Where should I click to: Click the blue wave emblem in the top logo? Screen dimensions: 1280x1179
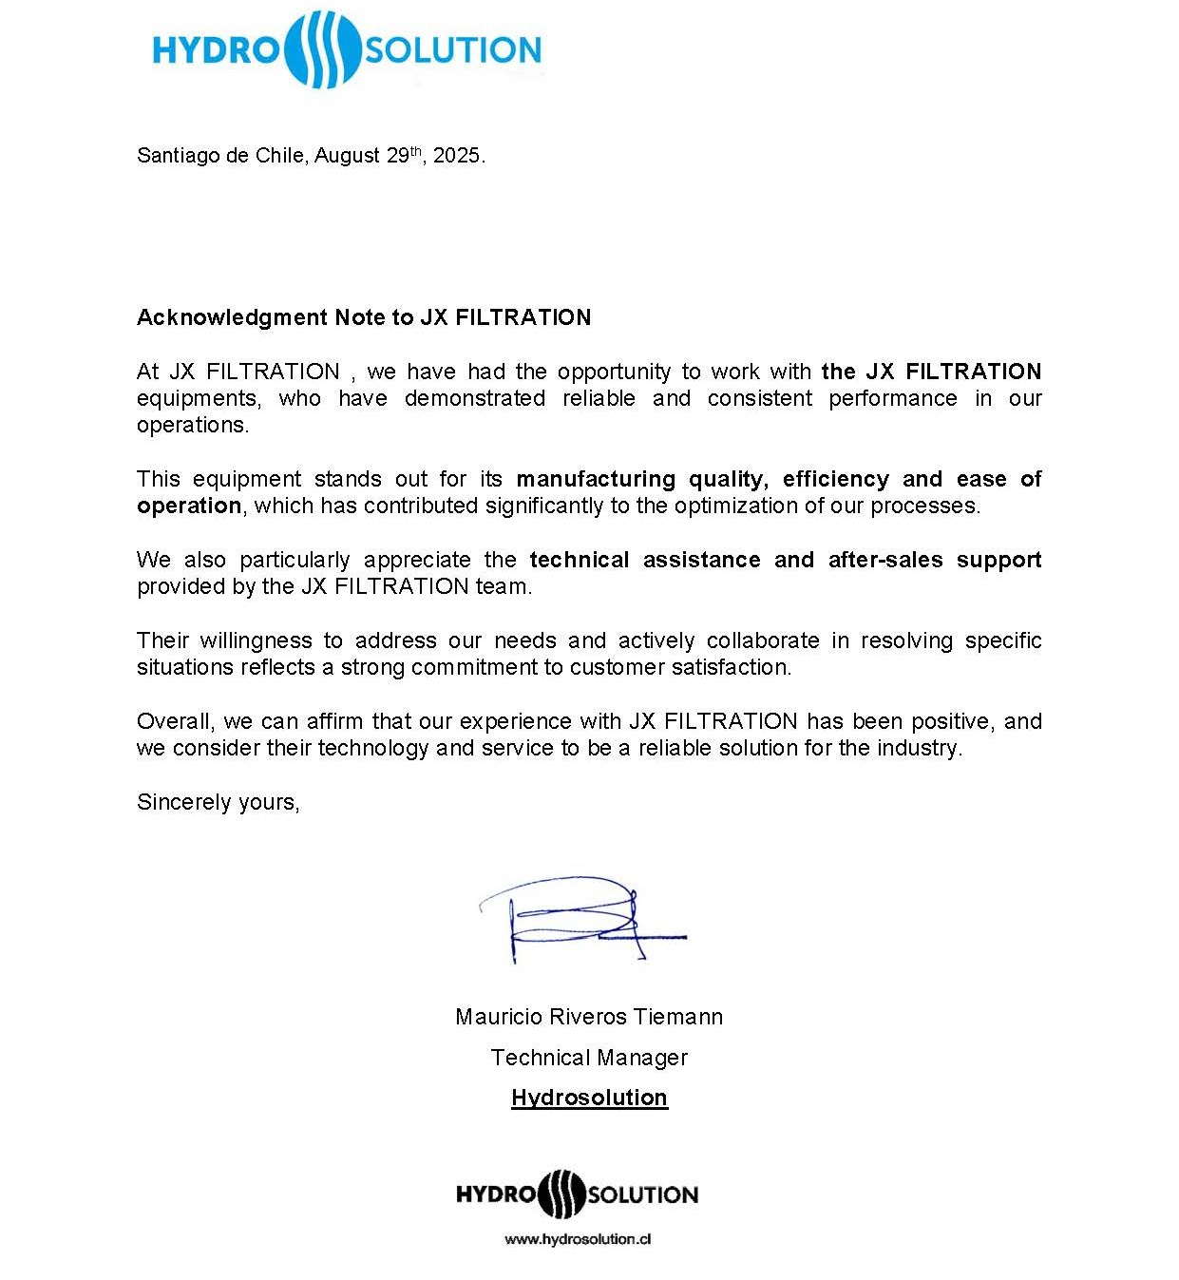tap(322, 49)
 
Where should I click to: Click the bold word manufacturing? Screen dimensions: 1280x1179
tap(596, 479)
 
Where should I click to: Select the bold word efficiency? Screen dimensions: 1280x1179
tap(836, 479)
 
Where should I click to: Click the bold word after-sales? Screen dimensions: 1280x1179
tap(885, 560)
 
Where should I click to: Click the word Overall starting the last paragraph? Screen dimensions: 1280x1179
tap(175, 721)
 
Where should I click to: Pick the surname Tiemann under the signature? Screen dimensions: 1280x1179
tap(678, 1017)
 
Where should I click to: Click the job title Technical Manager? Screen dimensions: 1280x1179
tap(589, 1058)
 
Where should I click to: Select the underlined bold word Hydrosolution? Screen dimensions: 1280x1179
tap(589, 1098)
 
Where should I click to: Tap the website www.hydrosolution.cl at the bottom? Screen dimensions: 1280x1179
tap(578, 1239)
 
